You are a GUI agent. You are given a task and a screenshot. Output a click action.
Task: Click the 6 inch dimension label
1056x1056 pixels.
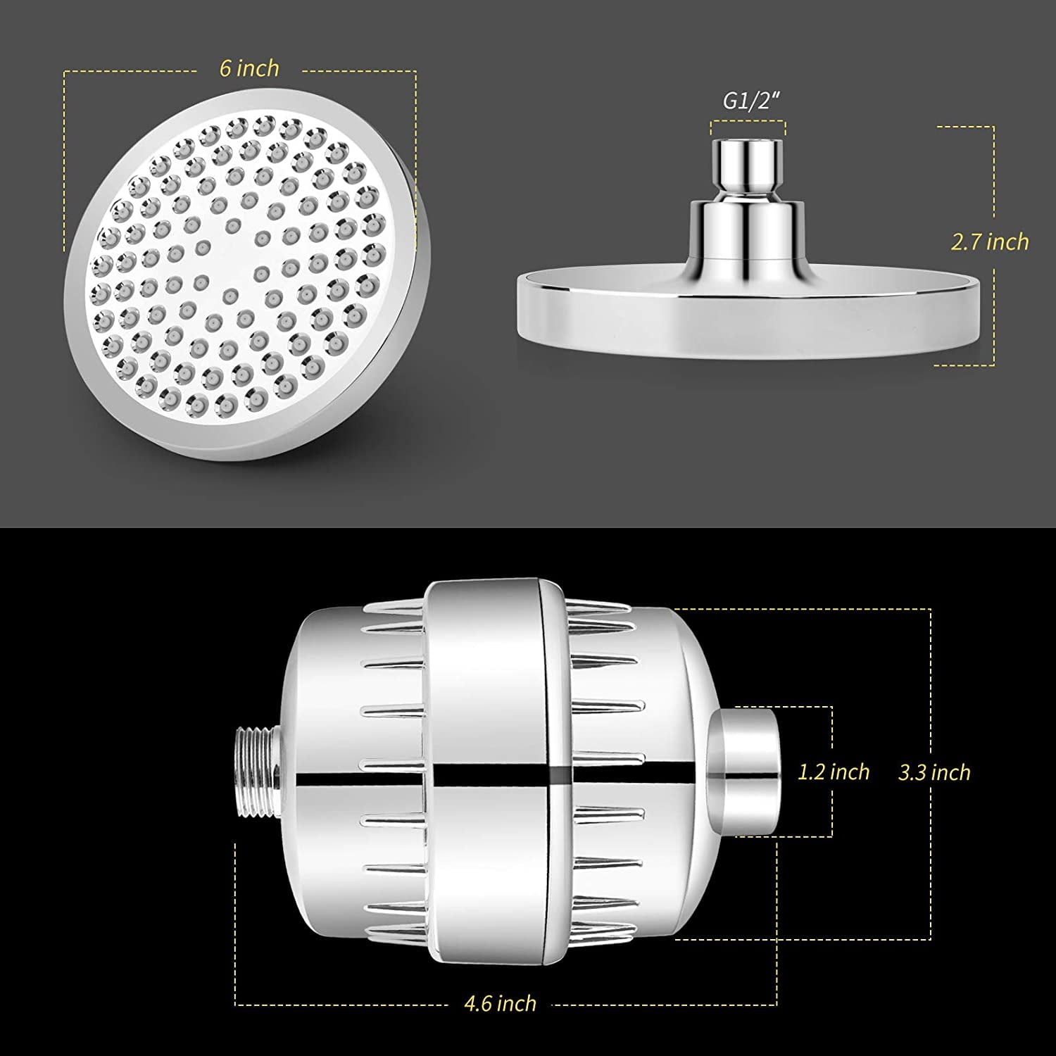(249, 69)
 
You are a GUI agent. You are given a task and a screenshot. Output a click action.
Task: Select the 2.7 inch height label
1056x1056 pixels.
(990, 242)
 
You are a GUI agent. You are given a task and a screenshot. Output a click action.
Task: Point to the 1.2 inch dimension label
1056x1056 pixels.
(834, 772)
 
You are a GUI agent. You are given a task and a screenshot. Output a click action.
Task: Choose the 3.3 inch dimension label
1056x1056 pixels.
(934, 772)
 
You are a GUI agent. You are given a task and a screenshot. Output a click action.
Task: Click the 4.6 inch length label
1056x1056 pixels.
(500, 1002)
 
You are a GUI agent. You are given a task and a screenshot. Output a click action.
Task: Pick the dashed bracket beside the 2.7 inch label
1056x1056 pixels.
(993, 176)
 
